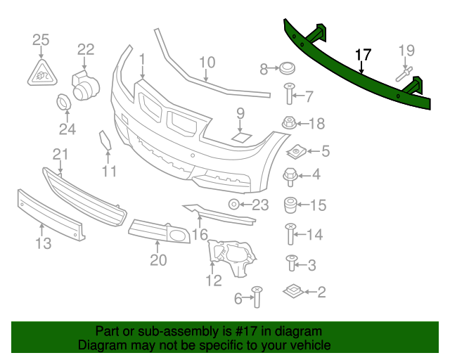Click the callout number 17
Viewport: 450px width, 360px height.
point(363,55)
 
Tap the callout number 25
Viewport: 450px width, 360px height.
point(41,39)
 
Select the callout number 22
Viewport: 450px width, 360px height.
point(85,49)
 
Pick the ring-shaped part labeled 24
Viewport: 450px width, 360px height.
point(64,103)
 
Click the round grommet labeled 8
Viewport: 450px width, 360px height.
point(286,69)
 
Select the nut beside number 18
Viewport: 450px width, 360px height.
point(288,123)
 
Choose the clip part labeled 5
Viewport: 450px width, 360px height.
point(297,150)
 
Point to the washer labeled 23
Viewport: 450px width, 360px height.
point(233,205)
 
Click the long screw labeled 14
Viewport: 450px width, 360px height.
point(289,234)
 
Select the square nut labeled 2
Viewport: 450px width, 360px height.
point(293,290)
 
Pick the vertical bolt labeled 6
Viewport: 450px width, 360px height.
point(257,297)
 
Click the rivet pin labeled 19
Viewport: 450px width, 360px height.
point(406,72)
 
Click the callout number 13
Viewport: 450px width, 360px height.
point(44,243)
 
